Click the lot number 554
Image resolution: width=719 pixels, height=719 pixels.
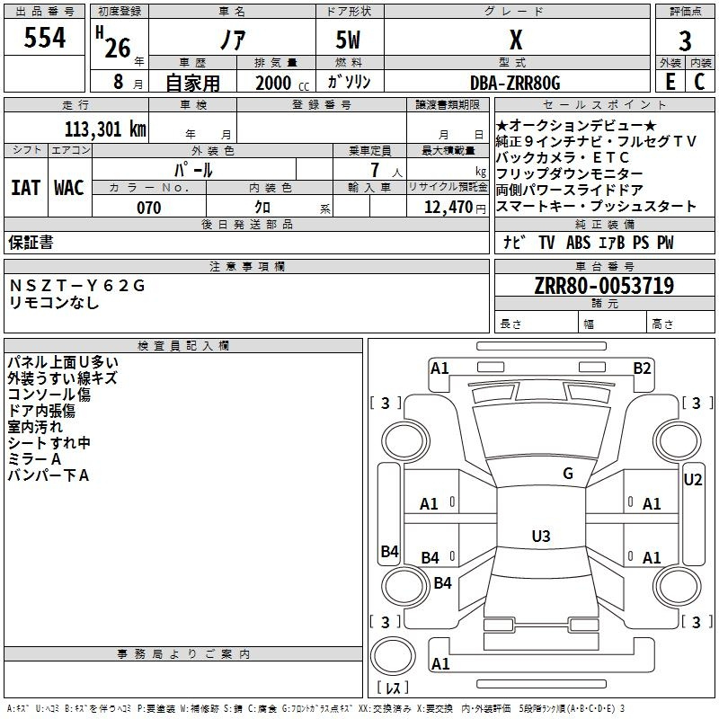(44, 38)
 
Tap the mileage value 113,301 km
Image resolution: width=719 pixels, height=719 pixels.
(105, 129)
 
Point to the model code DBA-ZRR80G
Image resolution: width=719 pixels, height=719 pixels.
(516, 83)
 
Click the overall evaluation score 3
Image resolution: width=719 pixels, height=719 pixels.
(686, 40)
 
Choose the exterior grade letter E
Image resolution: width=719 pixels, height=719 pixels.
(670, 82)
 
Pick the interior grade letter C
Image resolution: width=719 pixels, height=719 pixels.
(700, 82)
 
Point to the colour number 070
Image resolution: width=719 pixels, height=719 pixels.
(149, 208)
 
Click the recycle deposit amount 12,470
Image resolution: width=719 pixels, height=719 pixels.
(448, 208)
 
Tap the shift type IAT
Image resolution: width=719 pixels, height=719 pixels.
(25, 188)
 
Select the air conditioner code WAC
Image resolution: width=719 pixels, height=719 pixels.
(68, 188)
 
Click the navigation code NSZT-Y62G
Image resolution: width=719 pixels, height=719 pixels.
(76, 286)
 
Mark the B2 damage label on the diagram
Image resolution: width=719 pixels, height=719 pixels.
(642, 368)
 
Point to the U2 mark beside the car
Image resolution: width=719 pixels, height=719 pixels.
(693, 480)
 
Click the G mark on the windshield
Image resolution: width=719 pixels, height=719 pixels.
(567, 473)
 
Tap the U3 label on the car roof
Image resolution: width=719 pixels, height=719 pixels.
(541, 537)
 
